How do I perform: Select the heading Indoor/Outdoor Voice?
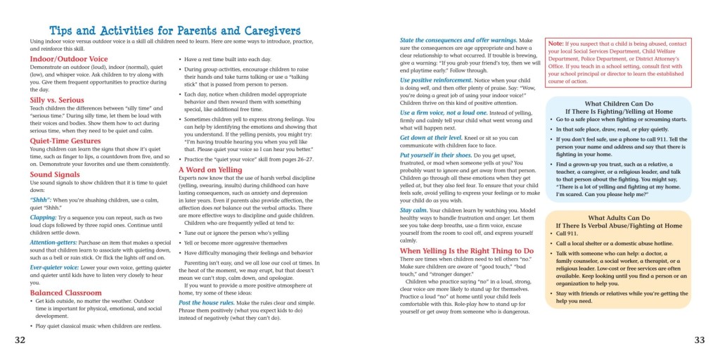69,59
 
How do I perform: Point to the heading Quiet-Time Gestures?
65,141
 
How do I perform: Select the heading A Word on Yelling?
210,169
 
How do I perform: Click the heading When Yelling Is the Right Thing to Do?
467,250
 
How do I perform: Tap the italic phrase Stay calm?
416,210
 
